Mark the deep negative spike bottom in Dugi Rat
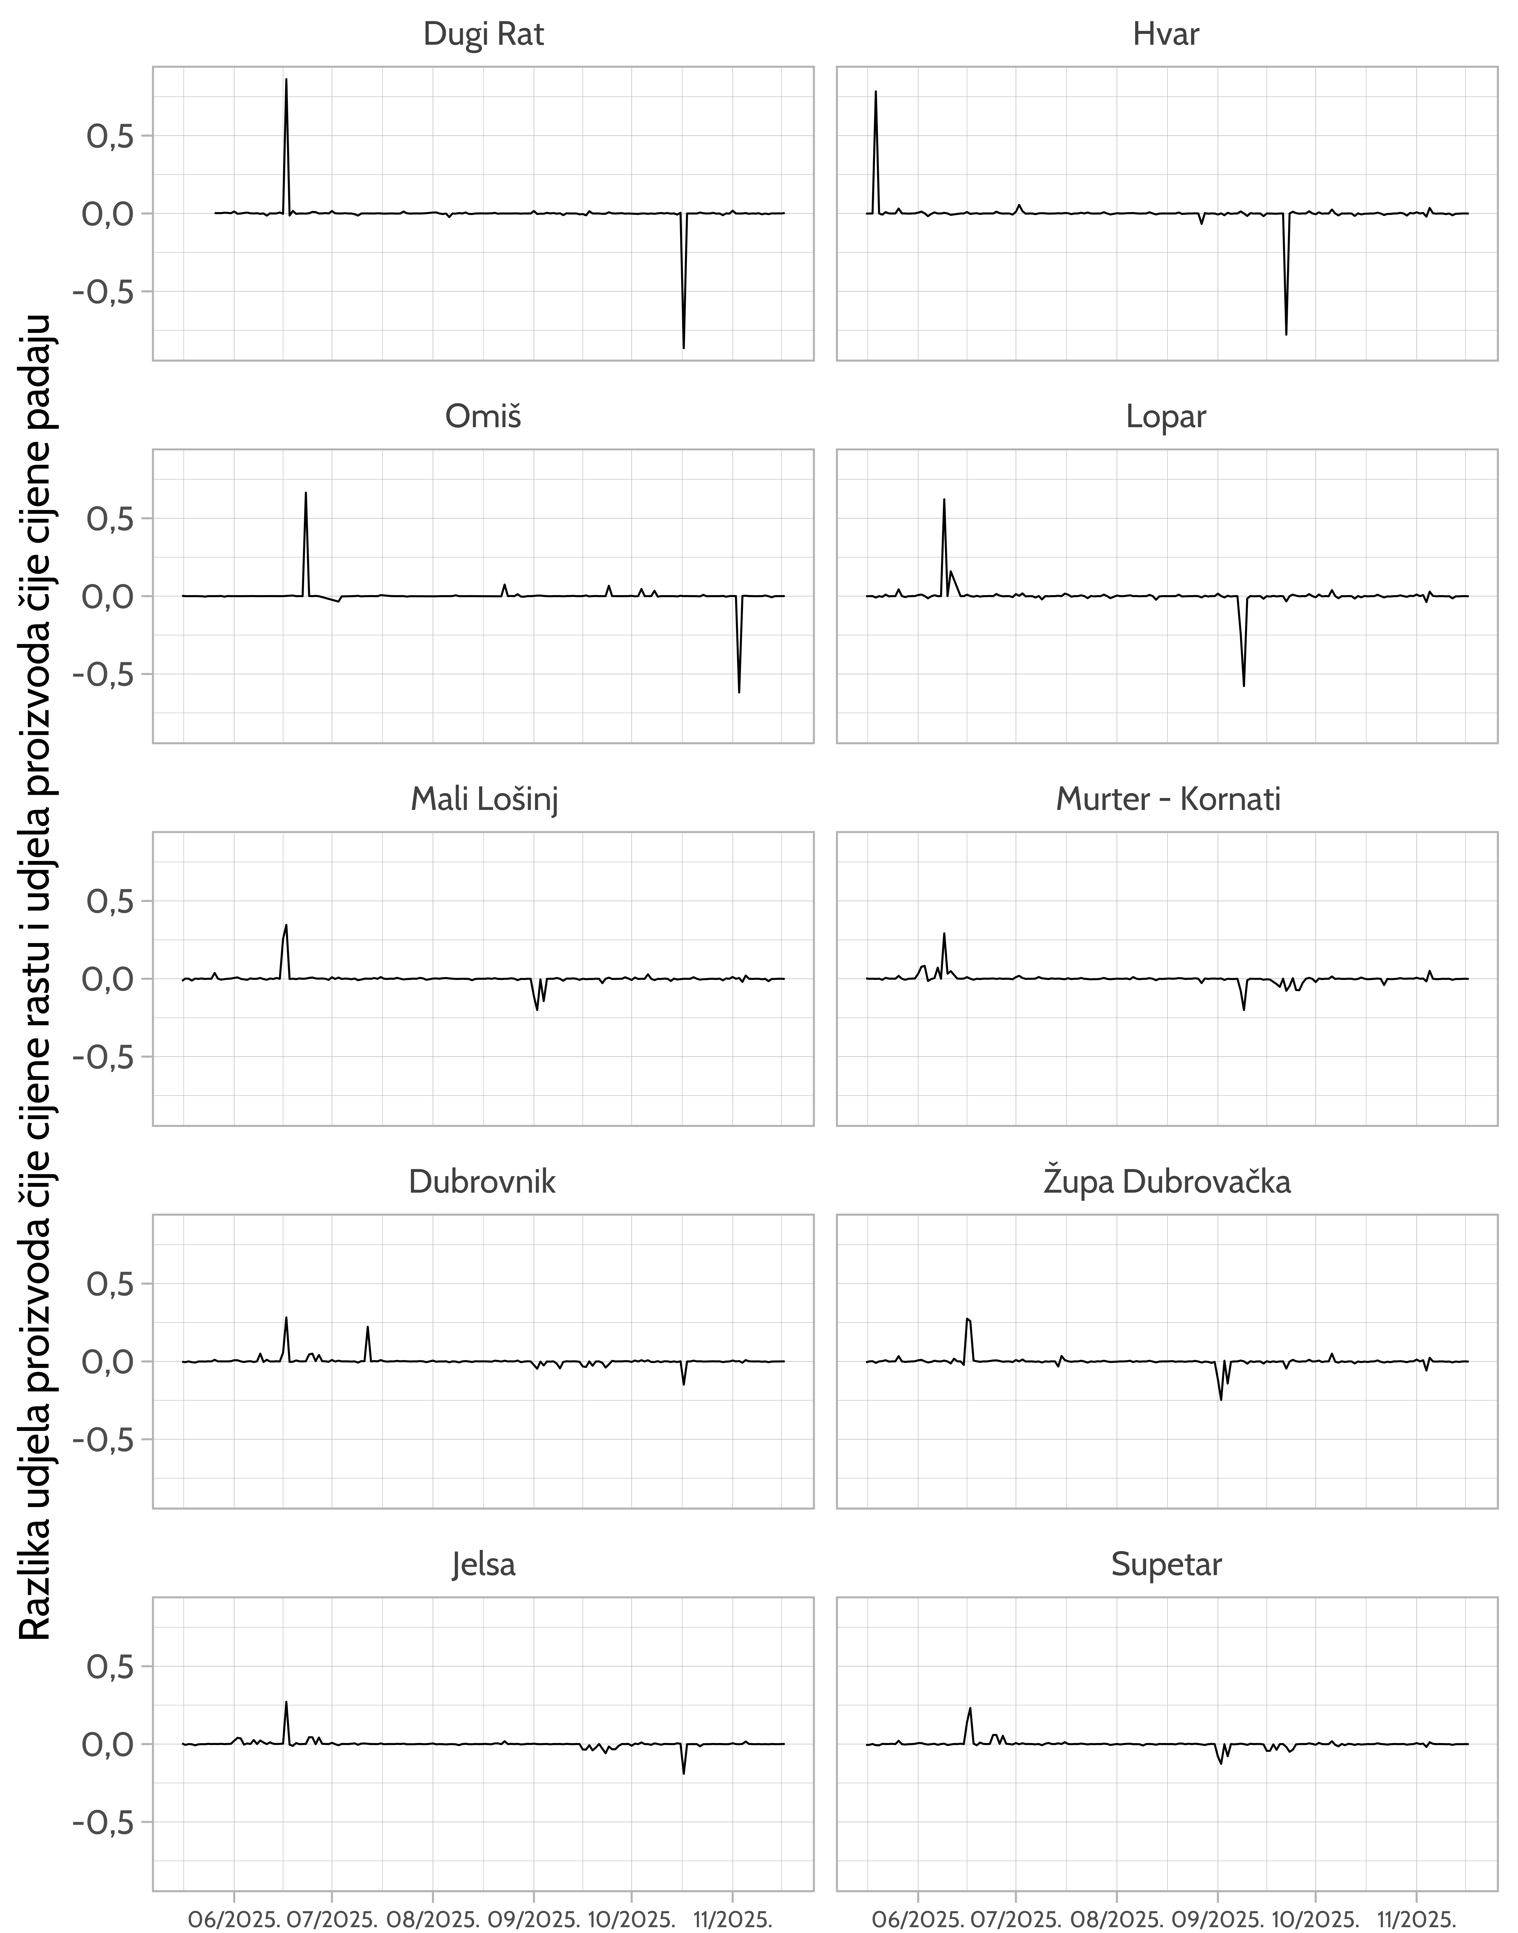point(683,347)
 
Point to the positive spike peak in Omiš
point(306,493)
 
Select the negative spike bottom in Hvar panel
point(1286,333)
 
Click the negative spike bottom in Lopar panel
point(1243,685)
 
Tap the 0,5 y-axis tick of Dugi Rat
point(110,136)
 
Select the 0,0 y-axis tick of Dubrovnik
point(110,1361)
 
